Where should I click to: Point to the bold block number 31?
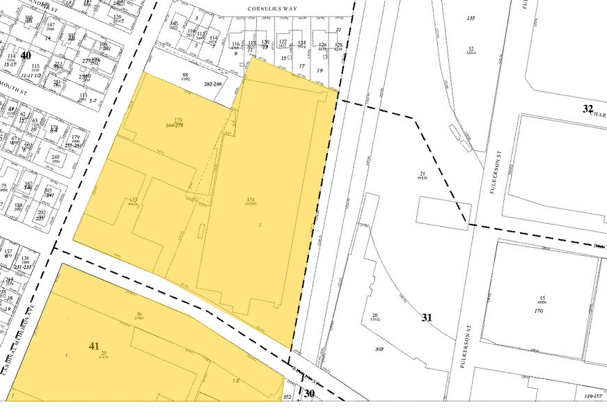coord(427,317)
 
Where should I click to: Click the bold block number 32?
coord(588,108)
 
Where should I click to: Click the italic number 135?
coord(471,17)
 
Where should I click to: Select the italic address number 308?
coord(379,348)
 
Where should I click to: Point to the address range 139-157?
coord(592,396)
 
